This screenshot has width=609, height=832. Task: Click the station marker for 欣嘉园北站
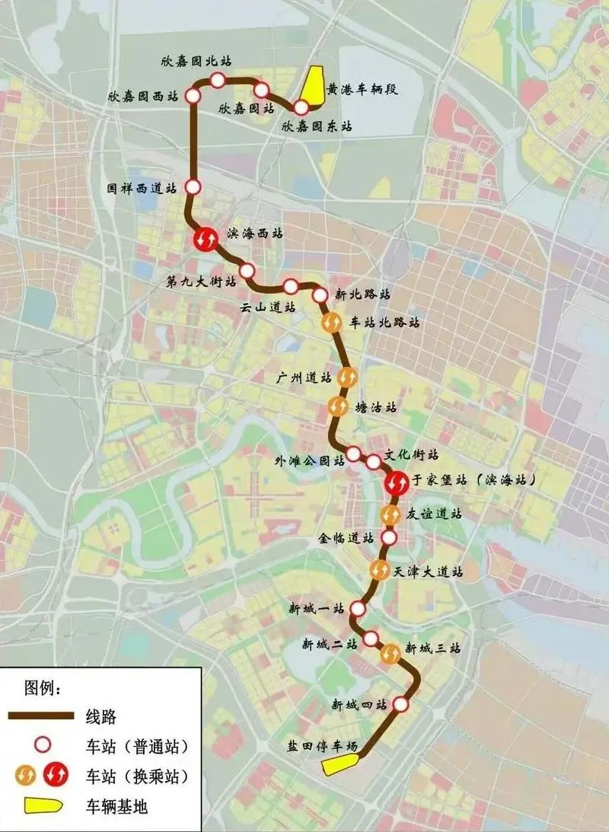(x=218, y=80)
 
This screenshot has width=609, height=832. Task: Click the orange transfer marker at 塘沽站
(x=340, y=406)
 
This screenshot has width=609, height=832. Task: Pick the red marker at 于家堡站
(x=397, y=481)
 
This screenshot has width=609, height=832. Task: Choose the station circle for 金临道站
(x=388, y=538)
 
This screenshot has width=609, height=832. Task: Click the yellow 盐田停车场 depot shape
(x=336, y=766)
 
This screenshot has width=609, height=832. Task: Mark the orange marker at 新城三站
(x=391, y=653)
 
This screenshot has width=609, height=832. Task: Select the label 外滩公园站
(x=308, y=460)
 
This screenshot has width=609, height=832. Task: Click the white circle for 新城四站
(x=401, y=705)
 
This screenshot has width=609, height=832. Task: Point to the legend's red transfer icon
(x=56, y=776)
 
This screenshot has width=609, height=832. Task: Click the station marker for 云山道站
(x=291, y=286)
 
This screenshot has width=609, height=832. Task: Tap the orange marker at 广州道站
(x=347, y=377)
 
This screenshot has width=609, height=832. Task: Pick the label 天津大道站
(x=429, y=570)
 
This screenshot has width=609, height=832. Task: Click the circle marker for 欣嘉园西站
(x=193, y=96)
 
